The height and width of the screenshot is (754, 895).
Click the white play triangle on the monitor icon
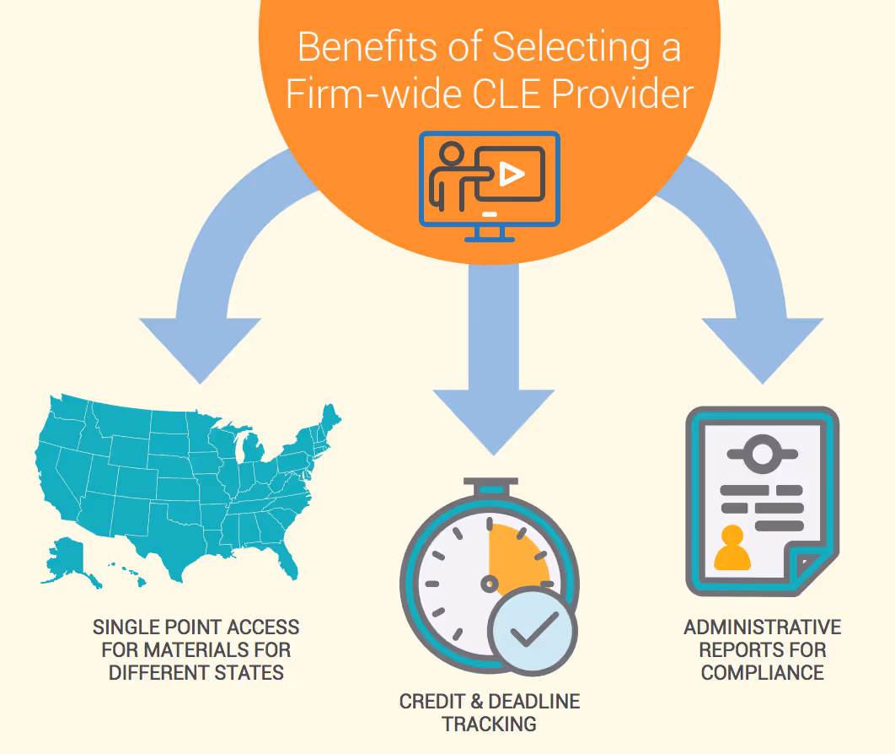coord(511,174)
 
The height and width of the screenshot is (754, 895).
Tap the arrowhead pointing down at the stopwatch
coord(493,422)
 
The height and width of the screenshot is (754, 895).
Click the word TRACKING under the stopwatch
coord(489,724)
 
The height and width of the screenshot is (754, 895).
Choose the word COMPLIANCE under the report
coord(762,672)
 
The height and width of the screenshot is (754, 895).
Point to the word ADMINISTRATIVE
coord(762,627)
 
